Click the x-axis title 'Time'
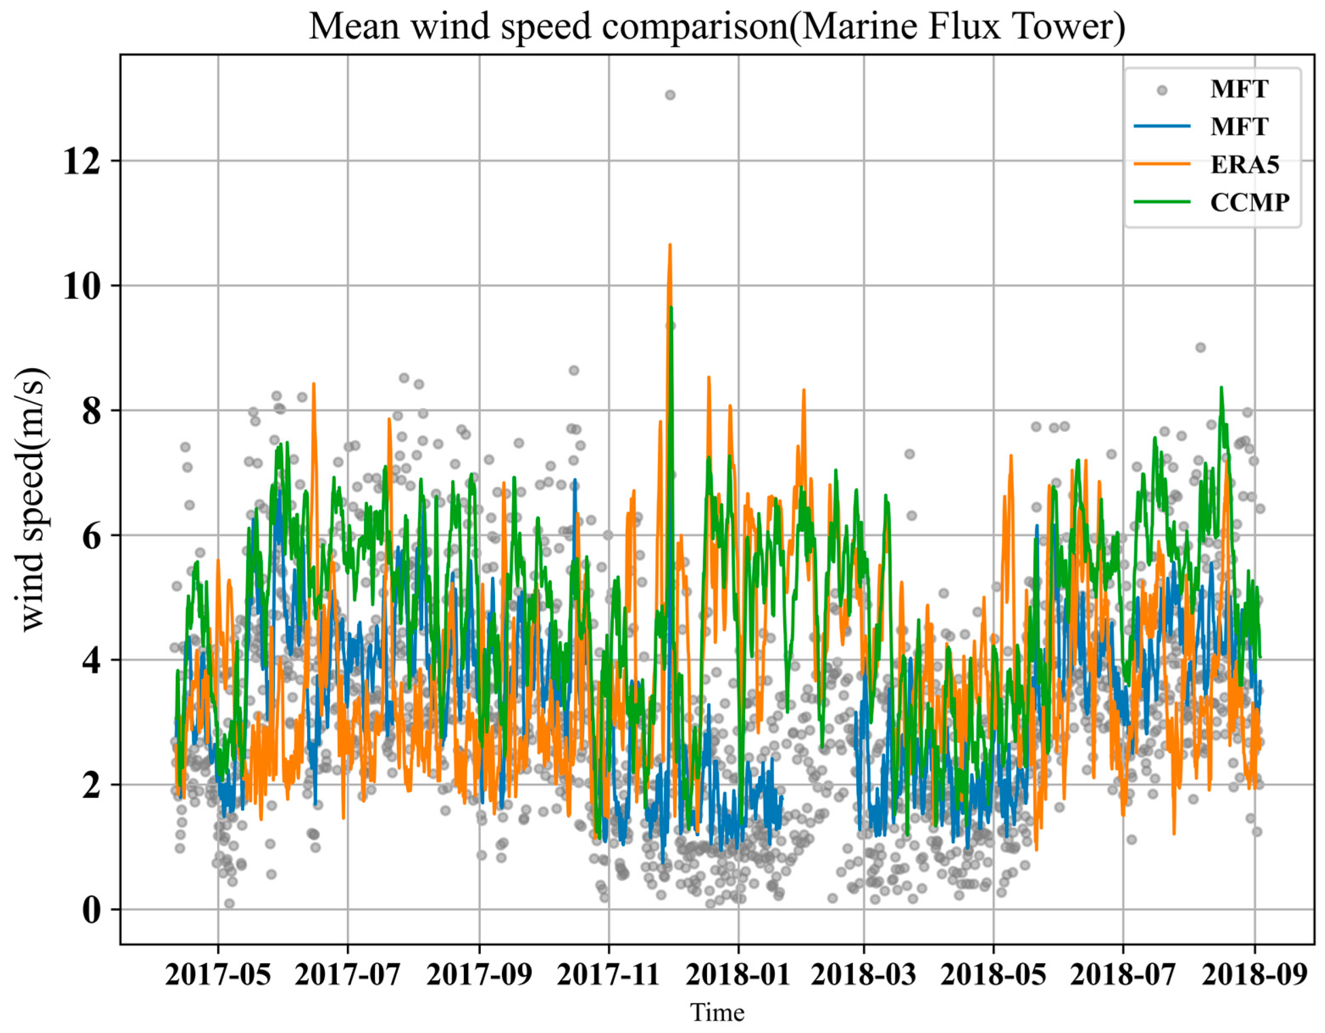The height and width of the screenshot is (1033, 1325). tap(717, 1012)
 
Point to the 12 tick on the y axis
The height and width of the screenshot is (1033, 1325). tap(82, 162)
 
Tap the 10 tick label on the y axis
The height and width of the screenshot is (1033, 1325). tap(82, 287)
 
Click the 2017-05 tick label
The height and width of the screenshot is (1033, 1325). tap(218, 975)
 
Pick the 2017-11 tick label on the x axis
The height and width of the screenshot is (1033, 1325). tap(608, 975)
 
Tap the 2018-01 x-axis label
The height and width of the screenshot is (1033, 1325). tap(739, 975)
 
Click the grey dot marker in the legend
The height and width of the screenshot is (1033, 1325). tap(1161, 90)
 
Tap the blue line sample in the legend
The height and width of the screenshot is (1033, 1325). tap(1161, 126)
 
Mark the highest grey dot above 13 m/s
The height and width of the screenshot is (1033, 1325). tap(670, 95)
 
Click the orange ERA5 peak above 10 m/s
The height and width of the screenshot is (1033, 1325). tap(670, 246)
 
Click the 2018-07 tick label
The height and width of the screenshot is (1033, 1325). tap(1123, 975)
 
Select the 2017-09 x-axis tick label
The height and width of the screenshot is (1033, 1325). tap(479, 975)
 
